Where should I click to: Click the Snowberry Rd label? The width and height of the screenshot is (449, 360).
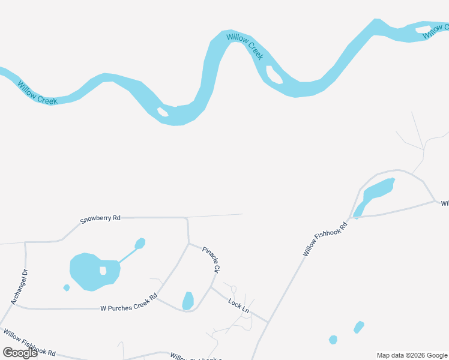[100, 219]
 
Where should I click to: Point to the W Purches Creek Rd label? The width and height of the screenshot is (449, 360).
[128, 302]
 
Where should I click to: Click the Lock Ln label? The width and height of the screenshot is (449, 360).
[238, 305]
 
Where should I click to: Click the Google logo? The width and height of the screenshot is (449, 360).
[20, 353]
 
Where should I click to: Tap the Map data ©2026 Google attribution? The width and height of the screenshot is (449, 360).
[412, 355]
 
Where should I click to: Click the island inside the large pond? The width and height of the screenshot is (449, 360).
[103, 271]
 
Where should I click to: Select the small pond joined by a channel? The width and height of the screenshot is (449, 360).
[140, 244]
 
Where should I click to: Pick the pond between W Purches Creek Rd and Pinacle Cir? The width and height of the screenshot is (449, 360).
[188, 301]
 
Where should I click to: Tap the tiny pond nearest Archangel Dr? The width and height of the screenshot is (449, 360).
[67, 288]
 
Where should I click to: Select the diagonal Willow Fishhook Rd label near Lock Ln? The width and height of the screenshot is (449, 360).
[325, 240]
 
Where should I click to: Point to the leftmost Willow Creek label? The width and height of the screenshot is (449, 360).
[37, 94]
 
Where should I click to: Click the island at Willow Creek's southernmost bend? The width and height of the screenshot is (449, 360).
[162, 112]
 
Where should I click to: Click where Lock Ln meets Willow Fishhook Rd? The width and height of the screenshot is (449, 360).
[267, 322]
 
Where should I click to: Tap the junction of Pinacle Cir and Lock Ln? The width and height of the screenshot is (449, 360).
[211, 287]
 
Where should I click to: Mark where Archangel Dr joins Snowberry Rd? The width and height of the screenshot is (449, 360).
[25, 242]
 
